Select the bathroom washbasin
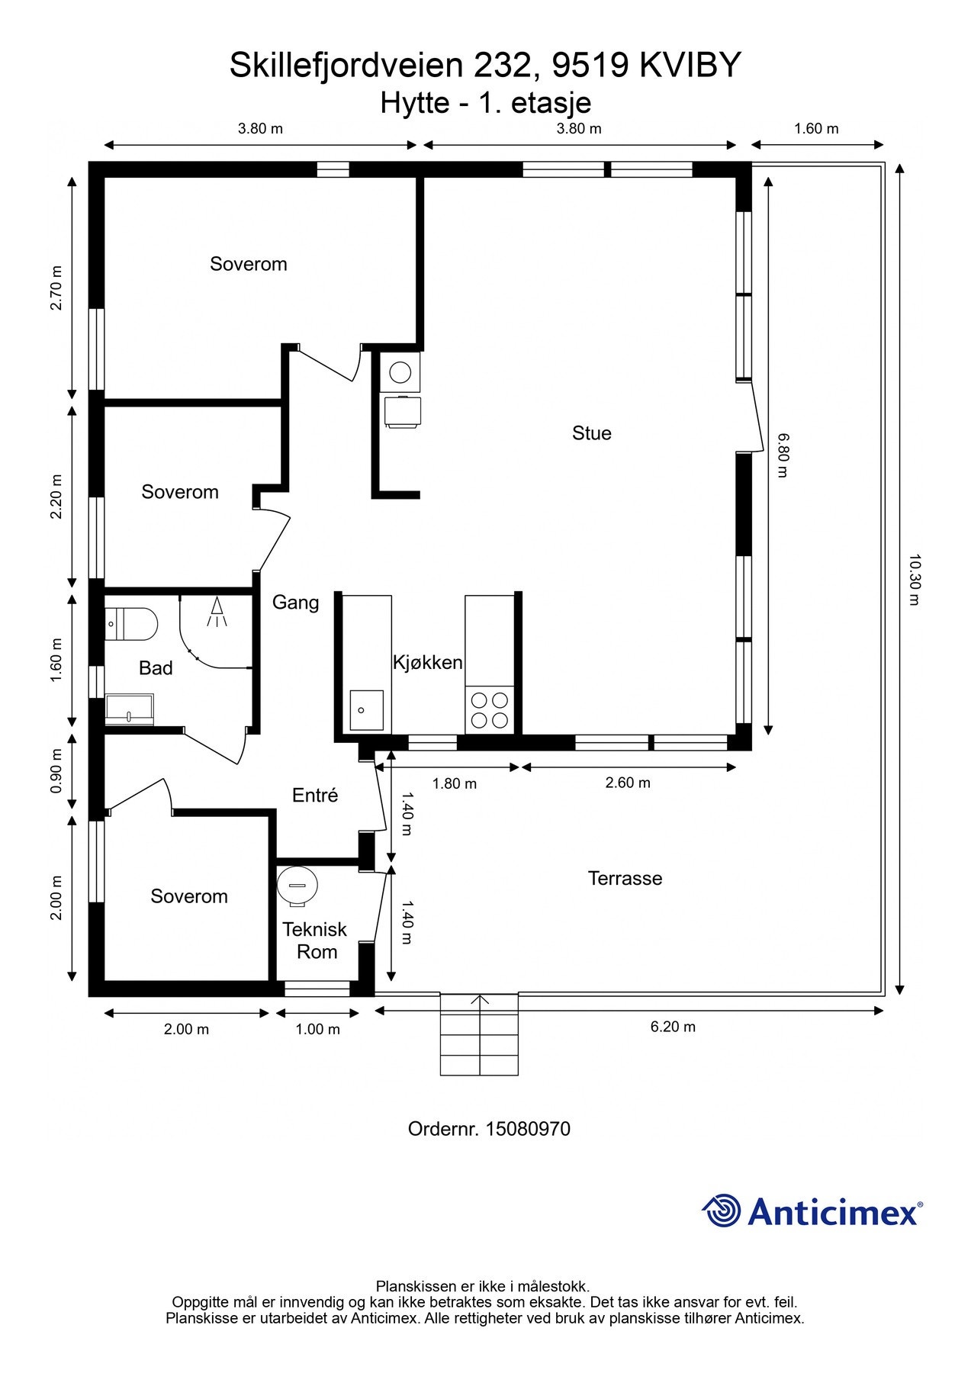click(129, 709)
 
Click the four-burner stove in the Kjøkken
click(490, 709)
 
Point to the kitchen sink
click(367, 710)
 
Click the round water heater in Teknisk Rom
click(297, 886)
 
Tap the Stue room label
click(592, 433)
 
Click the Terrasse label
click(625, 878)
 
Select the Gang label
click(296, 603)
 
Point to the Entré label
click(315, 795)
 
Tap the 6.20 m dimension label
click(673, 1027)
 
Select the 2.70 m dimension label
click(56, 288)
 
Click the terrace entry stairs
click(479, 1034)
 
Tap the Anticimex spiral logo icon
click(722, 1211)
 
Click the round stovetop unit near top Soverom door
click(400, 372)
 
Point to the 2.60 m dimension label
click(628, 783)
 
